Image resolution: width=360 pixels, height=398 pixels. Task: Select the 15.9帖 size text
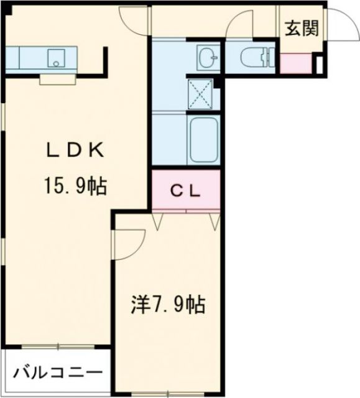(73, 185)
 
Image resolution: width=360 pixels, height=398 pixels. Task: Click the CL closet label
(186, 192)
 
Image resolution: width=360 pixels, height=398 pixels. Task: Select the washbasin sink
(208, 58)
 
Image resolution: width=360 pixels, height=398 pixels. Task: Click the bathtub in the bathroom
(203, 141)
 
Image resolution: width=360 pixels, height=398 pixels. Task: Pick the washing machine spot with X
(201, 95)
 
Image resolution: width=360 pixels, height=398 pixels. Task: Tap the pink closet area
(186, 192)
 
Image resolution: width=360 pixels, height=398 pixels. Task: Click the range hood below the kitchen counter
(57, 79)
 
